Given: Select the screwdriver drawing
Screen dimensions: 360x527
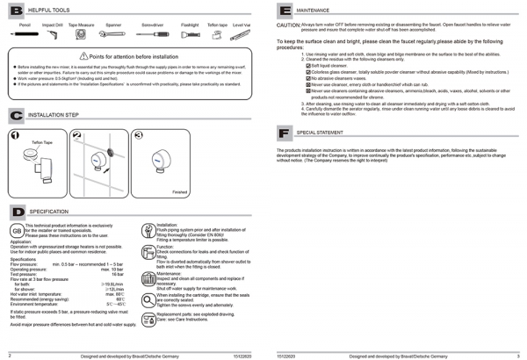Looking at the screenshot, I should tap(155, 34).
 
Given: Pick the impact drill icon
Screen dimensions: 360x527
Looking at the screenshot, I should tap(52, 35).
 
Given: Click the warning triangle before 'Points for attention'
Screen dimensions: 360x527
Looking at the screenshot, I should tap(83, 55).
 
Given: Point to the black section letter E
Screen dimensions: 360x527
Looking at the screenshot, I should tap(284, 11).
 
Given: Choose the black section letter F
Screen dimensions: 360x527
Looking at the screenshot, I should tap(284, 133).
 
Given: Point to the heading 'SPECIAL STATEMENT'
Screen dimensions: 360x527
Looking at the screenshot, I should tap(320, 133).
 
